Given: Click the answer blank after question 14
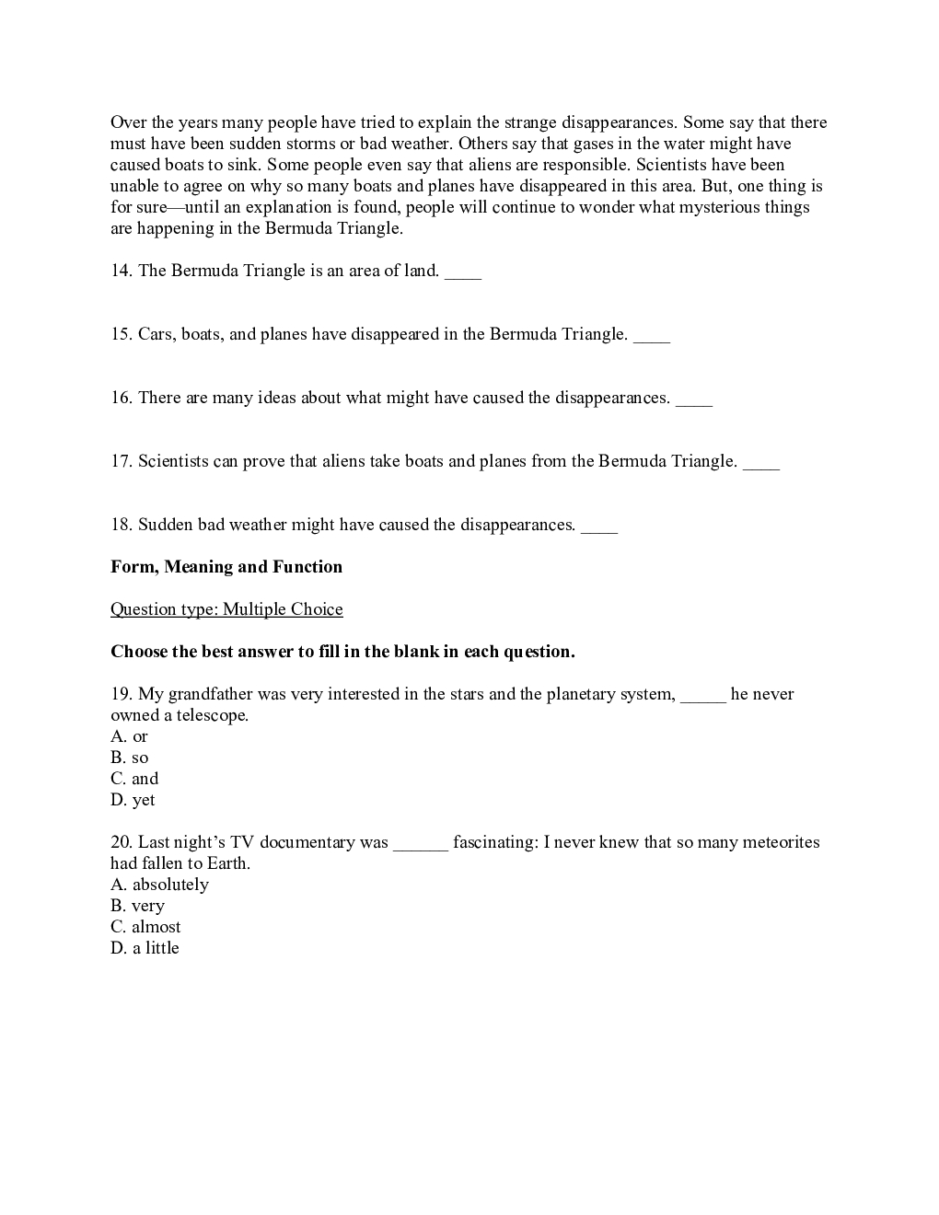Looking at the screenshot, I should click(x=462, y=272).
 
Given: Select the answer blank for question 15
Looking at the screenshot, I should click(x=652, y=336).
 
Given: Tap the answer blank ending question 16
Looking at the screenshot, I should click(x=694, y=399).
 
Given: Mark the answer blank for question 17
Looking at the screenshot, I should click(x=761, y=463).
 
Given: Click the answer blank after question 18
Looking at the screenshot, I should click(x=599, y=526).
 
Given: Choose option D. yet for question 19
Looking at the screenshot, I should click(x=133, y=800).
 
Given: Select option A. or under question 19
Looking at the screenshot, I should click(x=129, y=736).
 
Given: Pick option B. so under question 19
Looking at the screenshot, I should click(x=129, y=758).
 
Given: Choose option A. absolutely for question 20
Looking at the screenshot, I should click(x=159, y=885).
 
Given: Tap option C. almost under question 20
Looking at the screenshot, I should click(x=145, y=927).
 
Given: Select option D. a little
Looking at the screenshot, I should click(x=145, y=948).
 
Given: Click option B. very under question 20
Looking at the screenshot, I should click(x=137, y=906).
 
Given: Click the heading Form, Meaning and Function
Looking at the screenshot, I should click(x=226, y=567).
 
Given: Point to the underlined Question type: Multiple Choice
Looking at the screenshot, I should click(x=226, y=609).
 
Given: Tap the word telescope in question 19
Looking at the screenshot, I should click(x=212, y=715).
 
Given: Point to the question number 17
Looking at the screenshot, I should click(x=121, y=461).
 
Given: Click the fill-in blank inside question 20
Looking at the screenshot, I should click(x=421, y=844).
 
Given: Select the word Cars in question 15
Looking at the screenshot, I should click(x=156, y=334).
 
